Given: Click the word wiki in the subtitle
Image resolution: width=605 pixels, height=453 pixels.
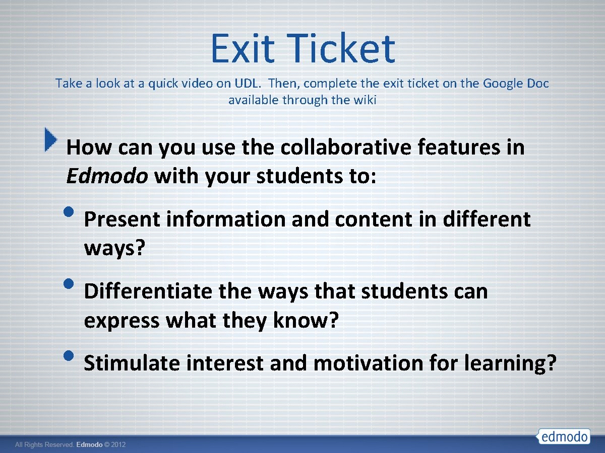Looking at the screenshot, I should tap(365, 100).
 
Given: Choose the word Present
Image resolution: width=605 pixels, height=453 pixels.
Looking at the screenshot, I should tap(122, 219).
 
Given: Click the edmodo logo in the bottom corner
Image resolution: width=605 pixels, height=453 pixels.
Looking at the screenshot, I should tap(564, 436).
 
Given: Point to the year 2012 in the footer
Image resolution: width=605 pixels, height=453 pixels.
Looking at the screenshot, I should tap(118, 445).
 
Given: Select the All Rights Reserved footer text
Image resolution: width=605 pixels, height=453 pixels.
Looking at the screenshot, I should tap(45, 445).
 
